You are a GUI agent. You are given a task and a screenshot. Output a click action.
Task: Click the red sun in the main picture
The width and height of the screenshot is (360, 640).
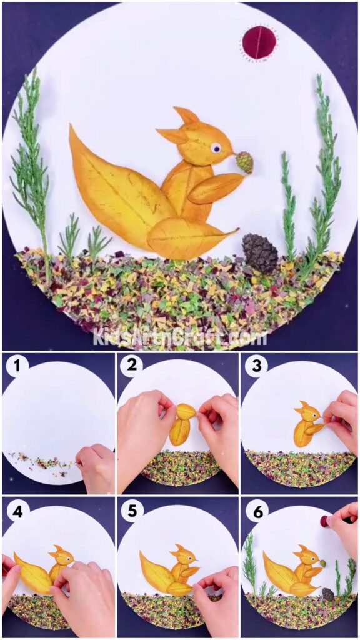pyautogui.click(x=259, y=42)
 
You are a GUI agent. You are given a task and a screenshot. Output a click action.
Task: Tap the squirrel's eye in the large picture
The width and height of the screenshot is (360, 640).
pyautogui.click(x=216, y=148)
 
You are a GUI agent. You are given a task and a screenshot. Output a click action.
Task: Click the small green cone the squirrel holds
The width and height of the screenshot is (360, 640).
pyautogui.click(x=244, y=162)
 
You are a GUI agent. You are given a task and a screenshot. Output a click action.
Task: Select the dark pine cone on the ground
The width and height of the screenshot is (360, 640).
pyautogui.click(x=260, y=253)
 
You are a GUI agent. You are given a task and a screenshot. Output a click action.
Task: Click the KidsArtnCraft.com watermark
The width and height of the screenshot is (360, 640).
pyautogui.click(x=180, y=337)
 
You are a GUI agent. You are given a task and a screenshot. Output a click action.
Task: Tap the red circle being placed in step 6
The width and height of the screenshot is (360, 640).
pyautogui.click(x=324, y=521)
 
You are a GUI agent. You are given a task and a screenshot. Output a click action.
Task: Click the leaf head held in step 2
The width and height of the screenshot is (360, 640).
pyautogui.click(x=186, y=412)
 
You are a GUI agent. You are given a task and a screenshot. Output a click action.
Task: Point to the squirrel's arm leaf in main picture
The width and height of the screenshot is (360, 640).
pyautogui.click(x=215, y=188)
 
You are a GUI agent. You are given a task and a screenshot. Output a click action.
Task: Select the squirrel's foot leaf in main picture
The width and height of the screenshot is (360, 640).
pyautogui.click(x=187, y=238)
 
